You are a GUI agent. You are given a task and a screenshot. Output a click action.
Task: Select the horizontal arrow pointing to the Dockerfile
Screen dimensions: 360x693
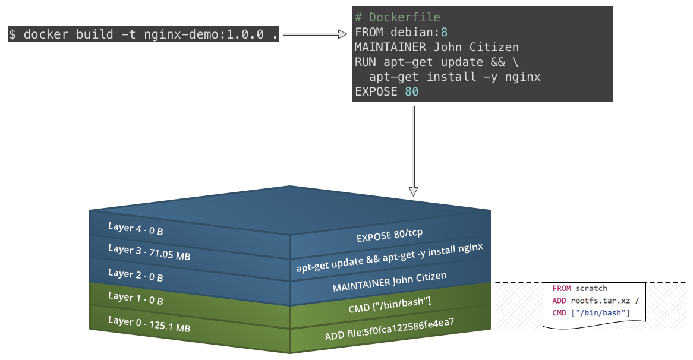coord(314,34)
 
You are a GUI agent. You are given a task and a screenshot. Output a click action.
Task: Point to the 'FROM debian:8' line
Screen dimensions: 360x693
coord(401,33)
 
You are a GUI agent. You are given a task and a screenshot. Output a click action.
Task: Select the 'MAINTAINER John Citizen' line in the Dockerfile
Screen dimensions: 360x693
coord(437,48)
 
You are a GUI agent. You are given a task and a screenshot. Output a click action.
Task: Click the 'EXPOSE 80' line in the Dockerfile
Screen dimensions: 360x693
coord(387,91)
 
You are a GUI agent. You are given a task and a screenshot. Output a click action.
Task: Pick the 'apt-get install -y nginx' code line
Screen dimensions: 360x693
coord(455,77)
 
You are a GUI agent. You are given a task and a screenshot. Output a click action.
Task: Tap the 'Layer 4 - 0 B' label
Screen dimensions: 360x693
coord(136,229)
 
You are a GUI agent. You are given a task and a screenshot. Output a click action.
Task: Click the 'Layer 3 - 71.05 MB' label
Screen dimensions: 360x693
coord(149,252)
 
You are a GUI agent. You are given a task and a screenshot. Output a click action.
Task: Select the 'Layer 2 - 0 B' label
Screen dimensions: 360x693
coord(136,275)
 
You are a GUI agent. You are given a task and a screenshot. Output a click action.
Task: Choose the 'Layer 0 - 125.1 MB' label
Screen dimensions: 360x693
coord(149,324)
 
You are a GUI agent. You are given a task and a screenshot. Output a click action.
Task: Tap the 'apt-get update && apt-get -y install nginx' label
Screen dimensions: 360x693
coord(390,258)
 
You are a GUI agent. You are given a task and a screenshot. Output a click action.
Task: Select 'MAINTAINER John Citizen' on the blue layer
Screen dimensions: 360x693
coord(389,281)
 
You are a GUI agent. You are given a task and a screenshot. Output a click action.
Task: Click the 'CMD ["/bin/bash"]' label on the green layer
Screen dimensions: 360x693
coord(389,304)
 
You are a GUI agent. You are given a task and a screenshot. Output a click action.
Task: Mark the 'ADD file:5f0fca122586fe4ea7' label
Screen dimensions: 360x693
coord(389,329)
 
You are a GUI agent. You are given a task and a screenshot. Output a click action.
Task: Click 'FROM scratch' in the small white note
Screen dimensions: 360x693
coord(579,288)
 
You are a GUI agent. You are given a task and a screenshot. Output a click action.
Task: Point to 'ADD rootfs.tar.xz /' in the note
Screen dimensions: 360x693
coord(595,300)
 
